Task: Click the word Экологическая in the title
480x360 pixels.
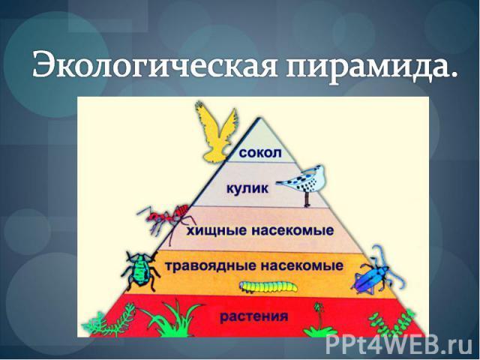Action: coord(154,64)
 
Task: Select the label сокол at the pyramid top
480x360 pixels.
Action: coord(260,152)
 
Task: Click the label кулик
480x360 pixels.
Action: coord(247,188)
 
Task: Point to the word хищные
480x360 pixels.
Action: coord(217,230)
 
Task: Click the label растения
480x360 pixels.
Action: coord(254,316)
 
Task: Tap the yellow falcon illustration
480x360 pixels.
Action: coord(217,133)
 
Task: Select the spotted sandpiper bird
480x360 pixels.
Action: coord(303,185)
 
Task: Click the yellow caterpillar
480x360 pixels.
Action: coord(268,286)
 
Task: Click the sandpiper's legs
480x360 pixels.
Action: coord(307,199)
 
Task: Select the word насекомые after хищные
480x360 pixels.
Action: coord(292,230)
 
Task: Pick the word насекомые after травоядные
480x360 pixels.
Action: coord(301,265)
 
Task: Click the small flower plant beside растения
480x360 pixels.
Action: coord(319,320)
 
